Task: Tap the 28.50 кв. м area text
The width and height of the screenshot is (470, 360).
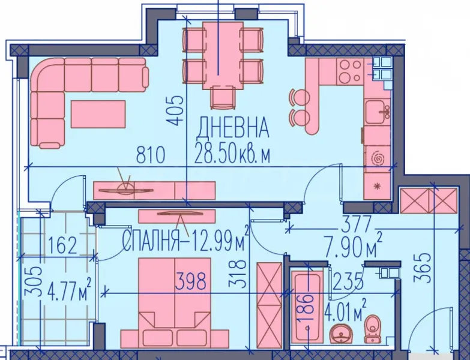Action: pos(232,155)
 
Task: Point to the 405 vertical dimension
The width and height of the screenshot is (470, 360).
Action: pos(175,110)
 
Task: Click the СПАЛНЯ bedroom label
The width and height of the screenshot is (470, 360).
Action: pos(149,242)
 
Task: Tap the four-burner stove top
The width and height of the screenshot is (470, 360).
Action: pos(349,71)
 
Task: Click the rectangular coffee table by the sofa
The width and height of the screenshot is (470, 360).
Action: pos(98,113)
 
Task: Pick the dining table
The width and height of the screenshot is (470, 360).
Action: pos(221,55)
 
